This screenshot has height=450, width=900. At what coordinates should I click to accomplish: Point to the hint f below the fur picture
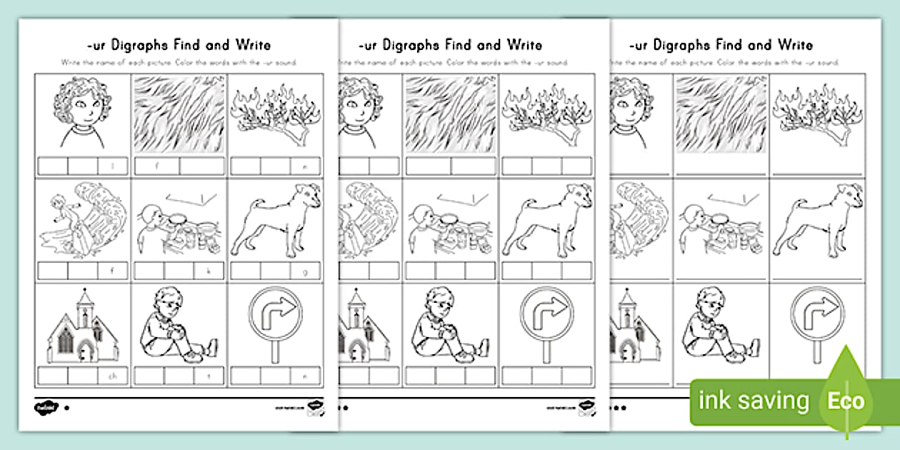pyautogui.click(x=156, y=167)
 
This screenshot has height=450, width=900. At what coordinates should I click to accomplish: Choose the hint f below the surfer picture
pyautogui.click(x=112, y=271)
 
